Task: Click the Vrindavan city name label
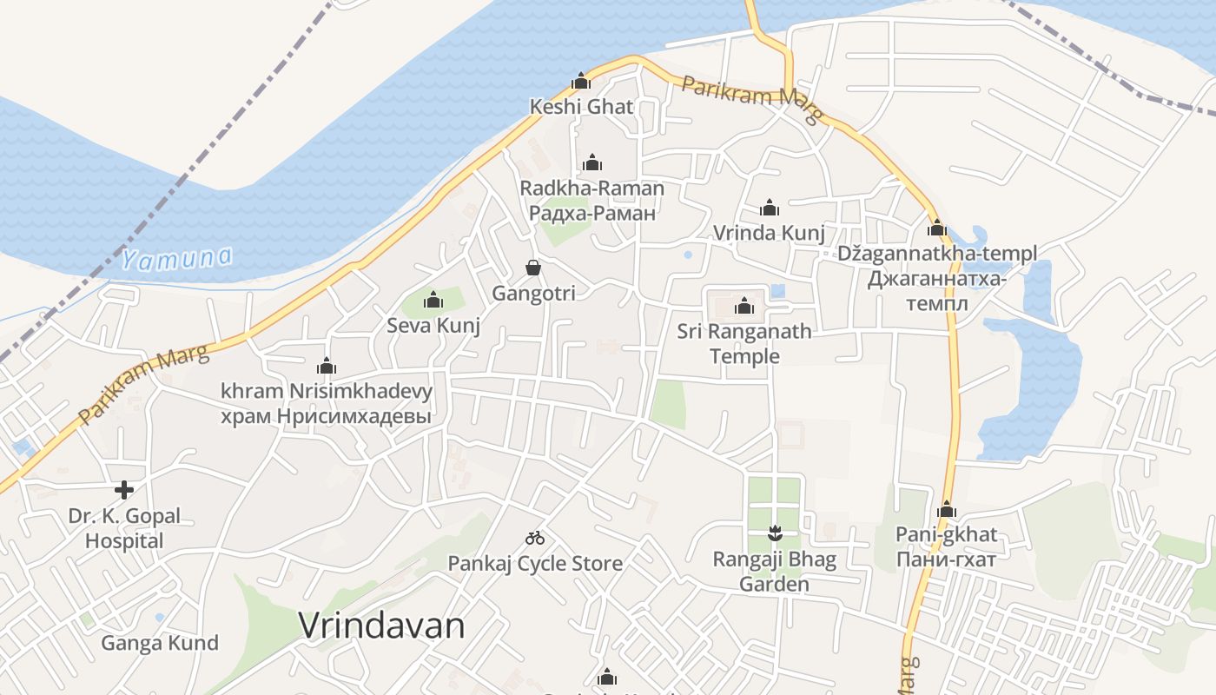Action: pos(381,625)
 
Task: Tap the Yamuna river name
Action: pos(177,258)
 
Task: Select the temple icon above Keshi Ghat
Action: pos(581,82)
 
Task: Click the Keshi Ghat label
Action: pos(581,107)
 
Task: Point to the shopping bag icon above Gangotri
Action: pos(533,268)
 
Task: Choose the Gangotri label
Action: pos(533,294)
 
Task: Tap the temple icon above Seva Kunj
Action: pos(433,301)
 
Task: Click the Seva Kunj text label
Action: pos(433,326)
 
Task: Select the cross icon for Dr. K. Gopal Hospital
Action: pos(124,490)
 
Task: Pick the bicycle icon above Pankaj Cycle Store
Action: pos(535,539)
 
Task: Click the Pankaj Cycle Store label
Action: pos(535,564)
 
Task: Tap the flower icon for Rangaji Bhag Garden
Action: pos(775,533)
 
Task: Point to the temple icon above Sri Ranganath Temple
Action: pos(743,306)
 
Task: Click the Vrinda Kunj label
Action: pos(769,233)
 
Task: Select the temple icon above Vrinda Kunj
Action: pos(769,208)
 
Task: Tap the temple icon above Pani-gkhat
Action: pos(947,510)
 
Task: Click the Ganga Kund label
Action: pos(160,644)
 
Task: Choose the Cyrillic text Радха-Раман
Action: pos(591,213)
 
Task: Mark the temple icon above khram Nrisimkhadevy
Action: pos(327,367)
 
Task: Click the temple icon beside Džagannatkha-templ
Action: pos(936,228)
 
